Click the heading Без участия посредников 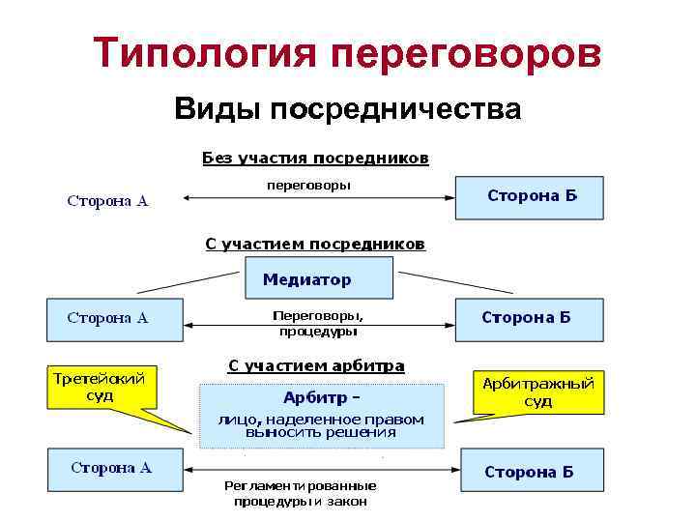click(x=315, y=157)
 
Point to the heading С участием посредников click(x=315, y=244)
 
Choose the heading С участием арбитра click(x=316, y=365)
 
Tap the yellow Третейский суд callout click(x=100, y=388)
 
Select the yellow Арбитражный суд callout click(x=537, y=391)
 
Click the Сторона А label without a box click(x=107, y=201)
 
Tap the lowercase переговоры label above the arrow click(x=309, y=184)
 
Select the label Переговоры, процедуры click(x=318, y=323)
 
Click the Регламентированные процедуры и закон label click(x=300, y=493)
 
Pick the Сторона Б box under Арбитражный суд click(x=532, y=471)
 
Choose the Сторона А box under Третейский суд click(x=115, y=470)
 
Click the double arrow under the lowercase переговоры click(x=318, y=198)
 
